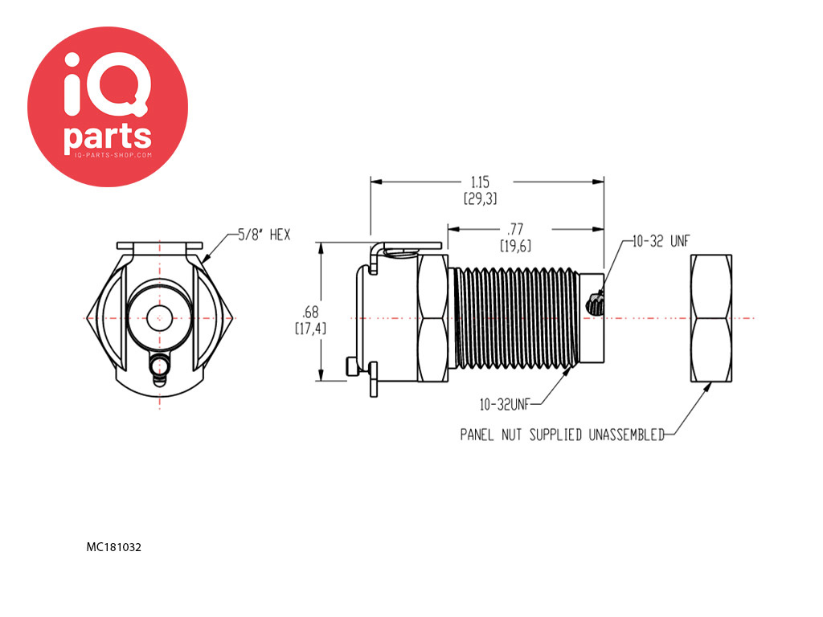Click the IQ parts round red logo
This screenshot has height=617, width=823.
[x=108, y=107]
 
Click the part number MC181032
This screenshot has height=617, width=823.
[x=114, y=547]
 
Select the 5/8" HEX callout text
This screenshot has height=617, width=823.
[x=264, y=235]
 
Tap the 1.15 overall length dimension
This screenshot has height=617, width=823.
[x=481, y=182]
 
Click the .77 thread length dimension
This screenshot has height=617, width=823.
[x=515, y=229]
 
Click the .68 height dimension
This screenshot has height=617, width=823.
[x=310, y=313]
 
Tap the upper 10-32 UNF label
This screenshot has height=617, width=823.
[x=661, y=241]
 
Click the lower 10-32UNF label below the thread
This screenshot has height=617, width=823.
[x=505, y=405]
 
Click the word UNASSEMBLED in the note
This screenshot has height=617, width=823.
[x=627, y=435]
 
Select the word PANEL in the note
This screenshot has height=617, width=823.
[x=477, y=435]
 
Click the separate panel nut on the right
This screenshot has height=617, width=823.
[x=710, y=318]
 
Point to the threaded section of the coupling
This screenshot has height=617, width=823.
[x=517, y=318]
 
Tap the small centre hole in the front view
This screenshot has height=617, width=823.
[x=159, y=318]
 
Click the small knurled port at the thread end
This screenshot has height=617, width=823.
[x=595, y=304]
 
